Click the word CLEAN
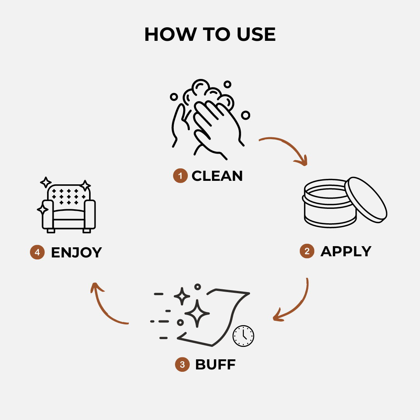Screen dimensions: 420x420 [217, 176]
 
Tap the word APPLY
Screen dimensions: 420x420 [346, 251]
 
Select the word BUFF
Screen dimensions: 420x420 [215, 365]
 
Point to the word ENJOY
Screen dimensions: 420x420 [76, 252]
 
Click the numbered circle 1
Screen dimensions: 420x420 [180, 176]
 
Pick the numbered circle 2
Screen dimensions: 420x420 [307, 251]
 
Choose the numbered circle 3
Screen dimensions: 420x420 [182, 365]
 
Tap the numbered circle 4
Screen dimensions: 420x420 [37, 252]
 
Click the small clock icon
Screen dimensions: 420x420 [243, 336]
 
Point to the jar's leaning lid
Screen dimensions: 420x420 [366, 200]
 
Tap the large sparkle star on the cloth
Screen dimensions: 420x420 [197, 313]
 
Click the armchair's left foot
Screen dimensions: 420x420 [51, 230]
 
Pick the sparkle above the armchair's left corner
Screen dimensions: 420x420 [46, 182]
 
